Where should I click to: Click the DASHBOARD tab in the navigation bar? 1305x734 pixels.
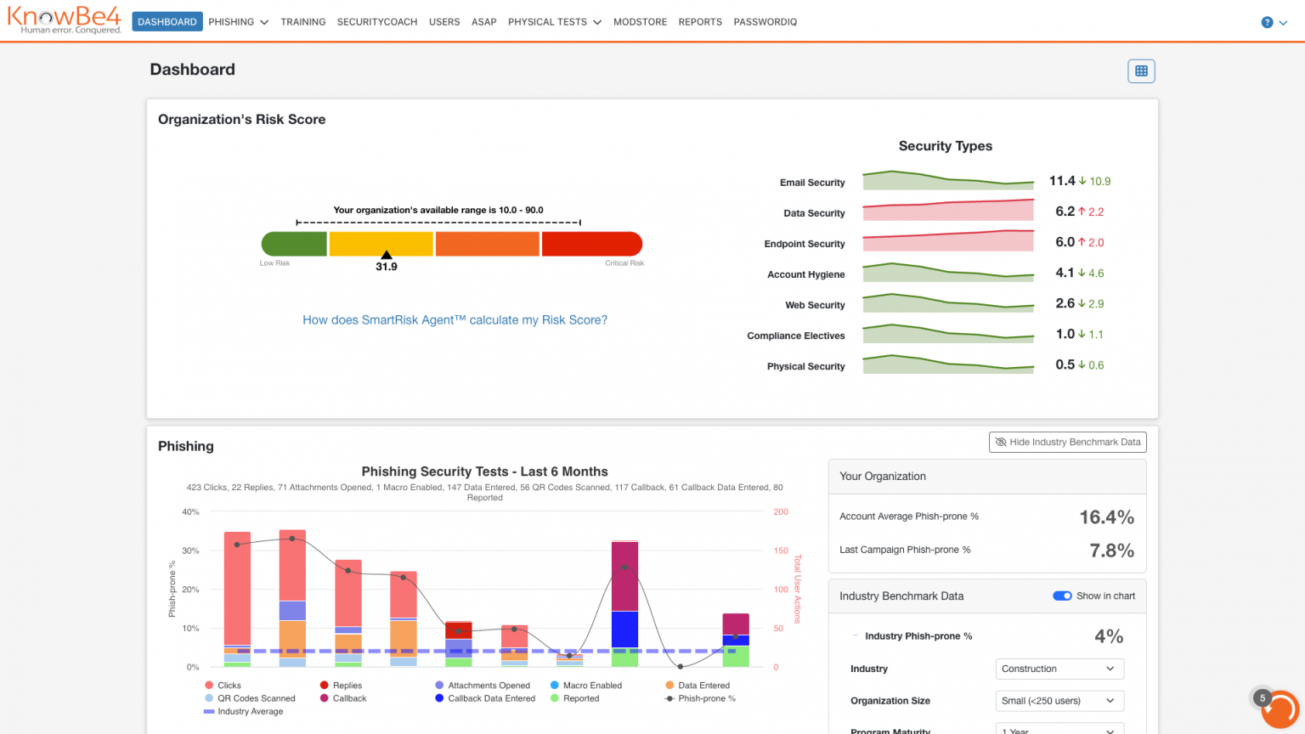click(x=167, y=21)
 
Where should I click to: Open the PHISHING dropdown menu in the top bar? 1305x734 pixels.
click(x=238, y=21)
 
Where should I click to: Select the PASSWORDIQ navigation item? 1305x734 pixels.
click(x=765, y=21)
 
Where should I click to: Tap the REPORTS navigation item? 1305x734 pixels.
click(x=700, y=21)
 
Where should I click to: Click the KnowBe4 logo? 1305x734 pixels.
click(x=64, y=20)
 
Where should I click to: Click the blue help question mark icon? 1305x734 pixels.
click(x=1267, y=22)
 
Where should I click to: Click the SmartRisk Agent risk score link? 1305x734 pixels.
click(x=455, y=319)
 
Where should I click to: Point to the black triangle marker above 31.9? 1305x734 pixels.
click(x=387, y=255)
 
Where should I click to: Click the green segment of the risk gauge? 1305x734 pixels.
click(x=294, y=244)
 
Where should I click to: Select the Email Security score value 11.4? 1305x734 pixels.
click(x=1061, y=181)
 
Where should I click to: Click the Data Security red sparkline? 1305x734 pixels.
click(x=948, y=210)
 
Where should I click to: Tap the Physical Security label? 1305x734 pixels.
click(x=805, y=366)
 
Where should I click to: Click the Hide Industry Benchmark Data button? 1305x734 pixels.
click(x=1067, y=442)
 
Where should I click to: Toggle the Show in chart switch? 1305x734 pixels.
click(x=1061, y=596)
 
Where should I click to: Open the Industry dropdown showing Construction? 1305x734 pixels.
click(x=1059, y=669)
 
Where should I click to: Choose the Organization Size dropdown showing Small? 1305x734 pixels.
click(x=1059, y=701)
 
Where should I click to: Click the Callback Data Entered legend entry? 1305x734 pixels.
click(x=485, y=698)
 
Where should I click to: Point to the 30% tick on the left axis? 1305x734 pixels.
click(x=190, y=550)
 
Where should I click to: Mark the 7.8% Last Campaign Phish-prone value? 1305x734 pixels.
click(x=1111, y=550)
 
